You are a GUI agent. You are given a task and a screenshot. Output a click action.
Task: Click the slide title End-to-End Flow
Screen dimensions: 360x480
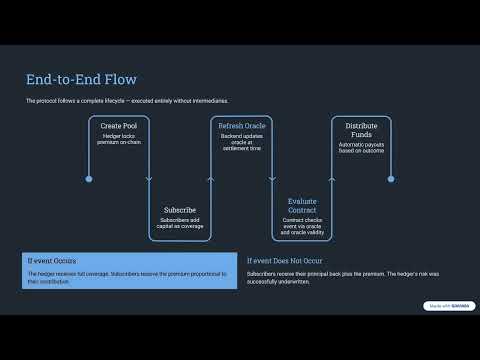[81, 79]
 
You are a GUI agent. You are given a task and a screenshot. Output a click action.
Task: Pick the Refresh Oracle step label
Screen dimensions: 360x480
[241, 126]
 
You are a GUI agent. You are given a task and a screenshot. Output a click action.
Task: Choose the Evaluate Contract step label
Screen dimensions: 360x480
[302, 206]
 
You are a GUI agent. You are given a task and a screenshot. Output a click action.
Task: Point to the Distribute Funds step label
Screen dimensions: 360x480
[361, 131]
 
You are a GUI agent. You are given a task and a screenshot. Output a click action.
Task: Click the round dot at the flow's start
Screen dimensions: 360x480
[89, 179]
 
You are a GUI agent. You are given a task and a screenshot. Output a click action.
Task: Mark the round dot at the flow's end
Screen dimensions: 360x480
[390, 179]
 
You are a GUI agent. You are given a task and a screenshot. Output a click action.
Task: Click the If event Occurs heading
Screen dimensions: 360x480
[51, 260]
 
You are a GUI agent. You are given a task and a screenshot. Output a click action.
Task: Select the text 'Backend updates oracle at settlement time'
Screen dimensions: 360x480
[241, 142]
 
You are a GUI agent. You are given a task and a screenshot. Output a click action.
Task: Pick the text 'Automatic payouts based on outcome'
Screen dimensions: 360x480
[361, 148]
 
